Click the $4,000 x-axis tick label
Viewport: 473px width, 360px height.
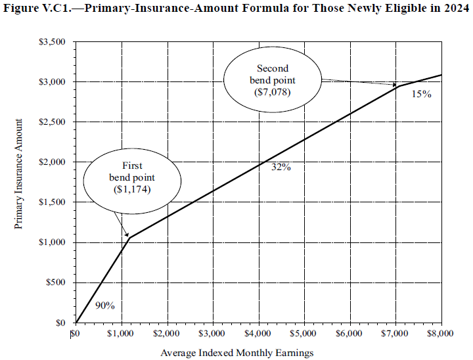[258, 334]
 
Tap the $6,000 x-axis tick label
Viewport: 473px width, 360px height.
[349, 334]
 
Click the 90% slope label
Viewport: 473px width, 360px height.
[105, 305]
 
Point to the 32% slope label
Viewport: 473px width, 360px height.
[281, 167]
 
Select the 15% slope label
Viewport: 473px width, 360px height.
[421, 95]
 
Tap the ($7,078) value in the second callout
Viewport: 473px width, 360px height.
[272, 93]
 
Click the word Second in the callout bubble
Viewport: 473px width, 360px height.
[272, 68]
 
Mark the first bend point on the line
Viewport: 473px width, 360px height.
[129, 238]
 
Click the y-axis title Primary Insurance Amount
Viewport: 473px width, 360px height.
[20, 174]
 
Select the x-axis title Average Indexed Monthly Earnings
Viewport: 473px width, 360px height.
[237, 353]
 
